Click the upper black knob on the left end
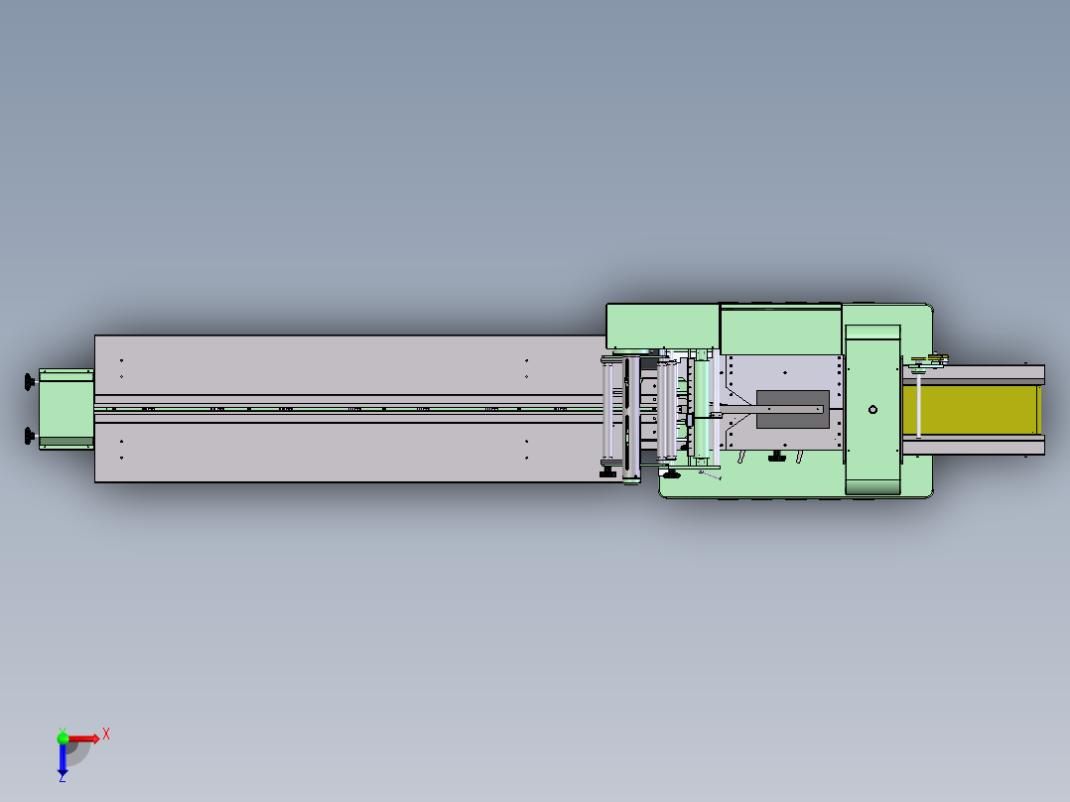point(30,382)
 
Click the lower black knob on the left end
point(30,436)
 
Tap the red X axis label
point(106,735)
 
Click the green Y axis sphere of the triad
point(63,737)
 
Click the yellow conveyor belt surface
point(971,410)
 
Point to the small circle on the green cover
point(872,410)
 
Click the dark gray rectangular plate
point(793,410)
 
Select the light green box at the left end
point(67,409)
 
